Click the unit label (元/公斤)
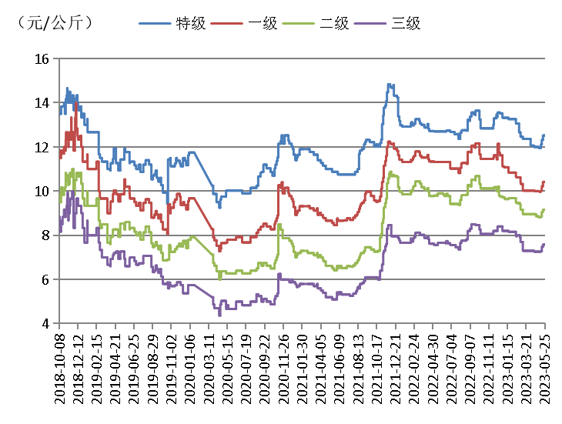coord(54,23)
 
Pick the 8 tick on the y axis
coord(45,235)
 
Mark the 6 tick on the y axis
coord(45,280)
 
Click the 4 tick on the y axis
coord(45,324)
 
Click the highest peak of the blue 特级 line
coord(390,84)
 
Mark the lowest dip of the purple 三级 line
coord(219,314)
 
